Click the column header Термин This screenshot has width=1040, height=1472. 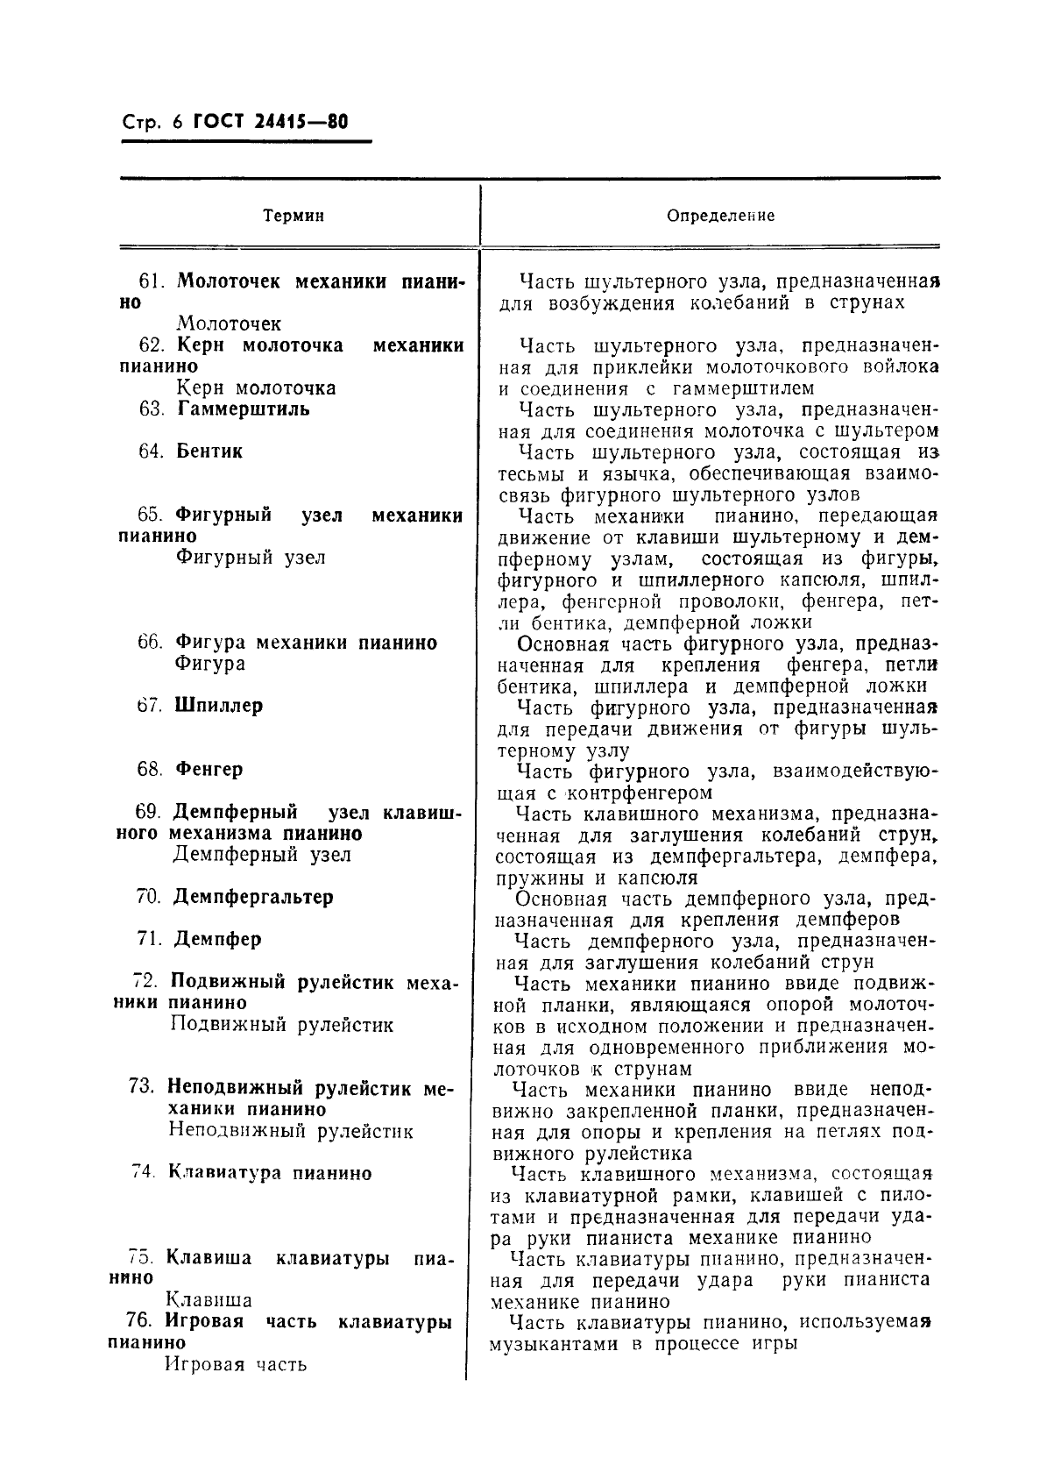coord(294,216)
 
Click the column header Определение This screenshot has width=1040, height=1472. coord(721,216)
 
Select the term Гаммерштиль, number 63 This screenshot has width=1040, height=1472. coord(243,409)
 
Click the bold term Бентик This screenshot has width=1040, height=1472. coord(209,452)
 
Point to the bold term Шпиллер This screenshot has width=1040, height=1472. coord(219,706)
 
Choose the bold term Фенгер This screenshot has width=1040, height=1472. coord(209,769)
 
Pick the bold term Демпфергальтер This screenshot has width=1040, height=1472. coord(252,897)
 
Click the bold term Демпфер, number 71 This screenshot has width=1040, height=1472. coord(217,939)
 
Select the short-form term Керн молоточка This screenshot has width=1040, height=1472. coord(256,388)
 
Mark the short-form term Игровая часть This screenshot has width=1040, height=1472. coord(236,1364)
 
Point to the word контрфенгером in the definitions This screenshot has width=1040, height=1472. coord(639,793)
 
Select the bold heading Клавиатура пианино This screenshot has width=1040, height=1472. coord(269,1173)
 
